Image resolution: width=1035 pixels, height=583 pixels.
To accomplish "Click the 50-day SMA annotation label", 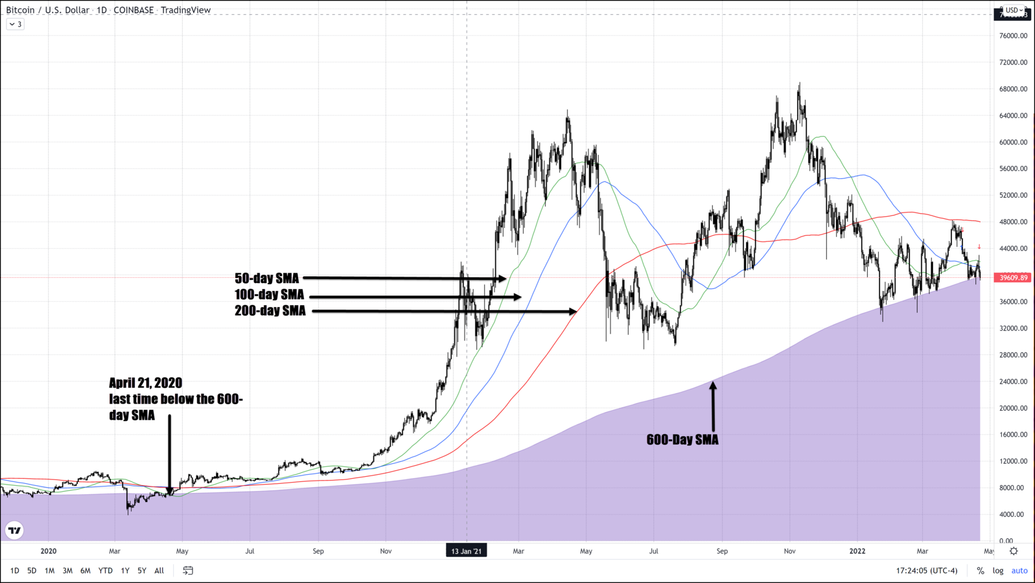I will click(x=266, y=279).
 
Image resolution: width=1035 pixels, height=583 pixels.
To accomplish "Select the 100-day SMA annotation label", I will click(x=269, y=295).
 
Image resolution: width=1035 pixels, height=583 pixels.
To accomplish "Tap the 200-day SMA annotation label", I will click(x=270, y=311).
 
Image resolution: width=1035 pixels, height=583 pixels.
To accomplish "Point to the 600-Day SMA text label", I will click(x=682, y=440).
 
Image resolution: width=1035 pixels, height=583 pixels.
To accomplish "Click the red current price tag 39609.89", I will click(x=1012, y=277).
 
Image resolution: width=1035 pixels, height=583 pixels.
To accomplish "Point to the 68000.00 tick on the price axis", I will click(x=1013, y=89).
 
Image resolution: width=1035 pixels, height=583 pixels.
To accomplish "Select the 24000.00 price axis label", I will click(x=1013, y=382).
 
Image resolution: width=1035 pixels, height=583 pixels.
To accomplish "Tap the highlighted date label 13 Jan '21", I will click(x=466, y=551).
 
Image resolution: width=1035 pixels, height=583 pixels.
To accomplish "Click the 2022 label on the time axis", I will click(x=857, y=551).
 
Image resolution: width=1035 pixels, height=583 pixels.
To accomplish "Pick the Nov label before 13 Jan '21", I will click(x=386, y=551).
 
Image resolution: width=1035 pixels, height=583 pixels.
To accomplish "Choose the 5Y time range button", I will click(x=141, y=571).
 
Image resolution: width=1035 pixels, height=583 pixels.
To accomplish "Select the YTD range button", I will click(x=105, y=571).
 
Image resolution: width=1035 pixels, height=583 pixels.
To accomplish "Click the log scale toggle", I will click(x=998, y=571).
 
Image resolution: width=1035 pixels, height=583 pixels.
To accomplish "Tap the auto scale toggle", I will click(x=1019, y=571).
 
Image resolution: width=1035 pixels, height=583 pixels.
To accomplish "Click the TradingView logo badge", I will click(x=14, y=531).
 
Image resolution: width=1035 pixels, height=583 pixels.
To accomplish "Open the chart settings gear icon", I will click(x=1014, y=551).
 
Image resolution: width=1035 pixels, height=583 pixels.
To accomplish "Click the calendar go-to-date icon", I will click(x=188, y=571).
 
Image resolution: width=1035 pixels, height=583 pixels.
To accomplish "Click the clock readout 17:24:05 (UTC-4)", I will click(x=926, y=571).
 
